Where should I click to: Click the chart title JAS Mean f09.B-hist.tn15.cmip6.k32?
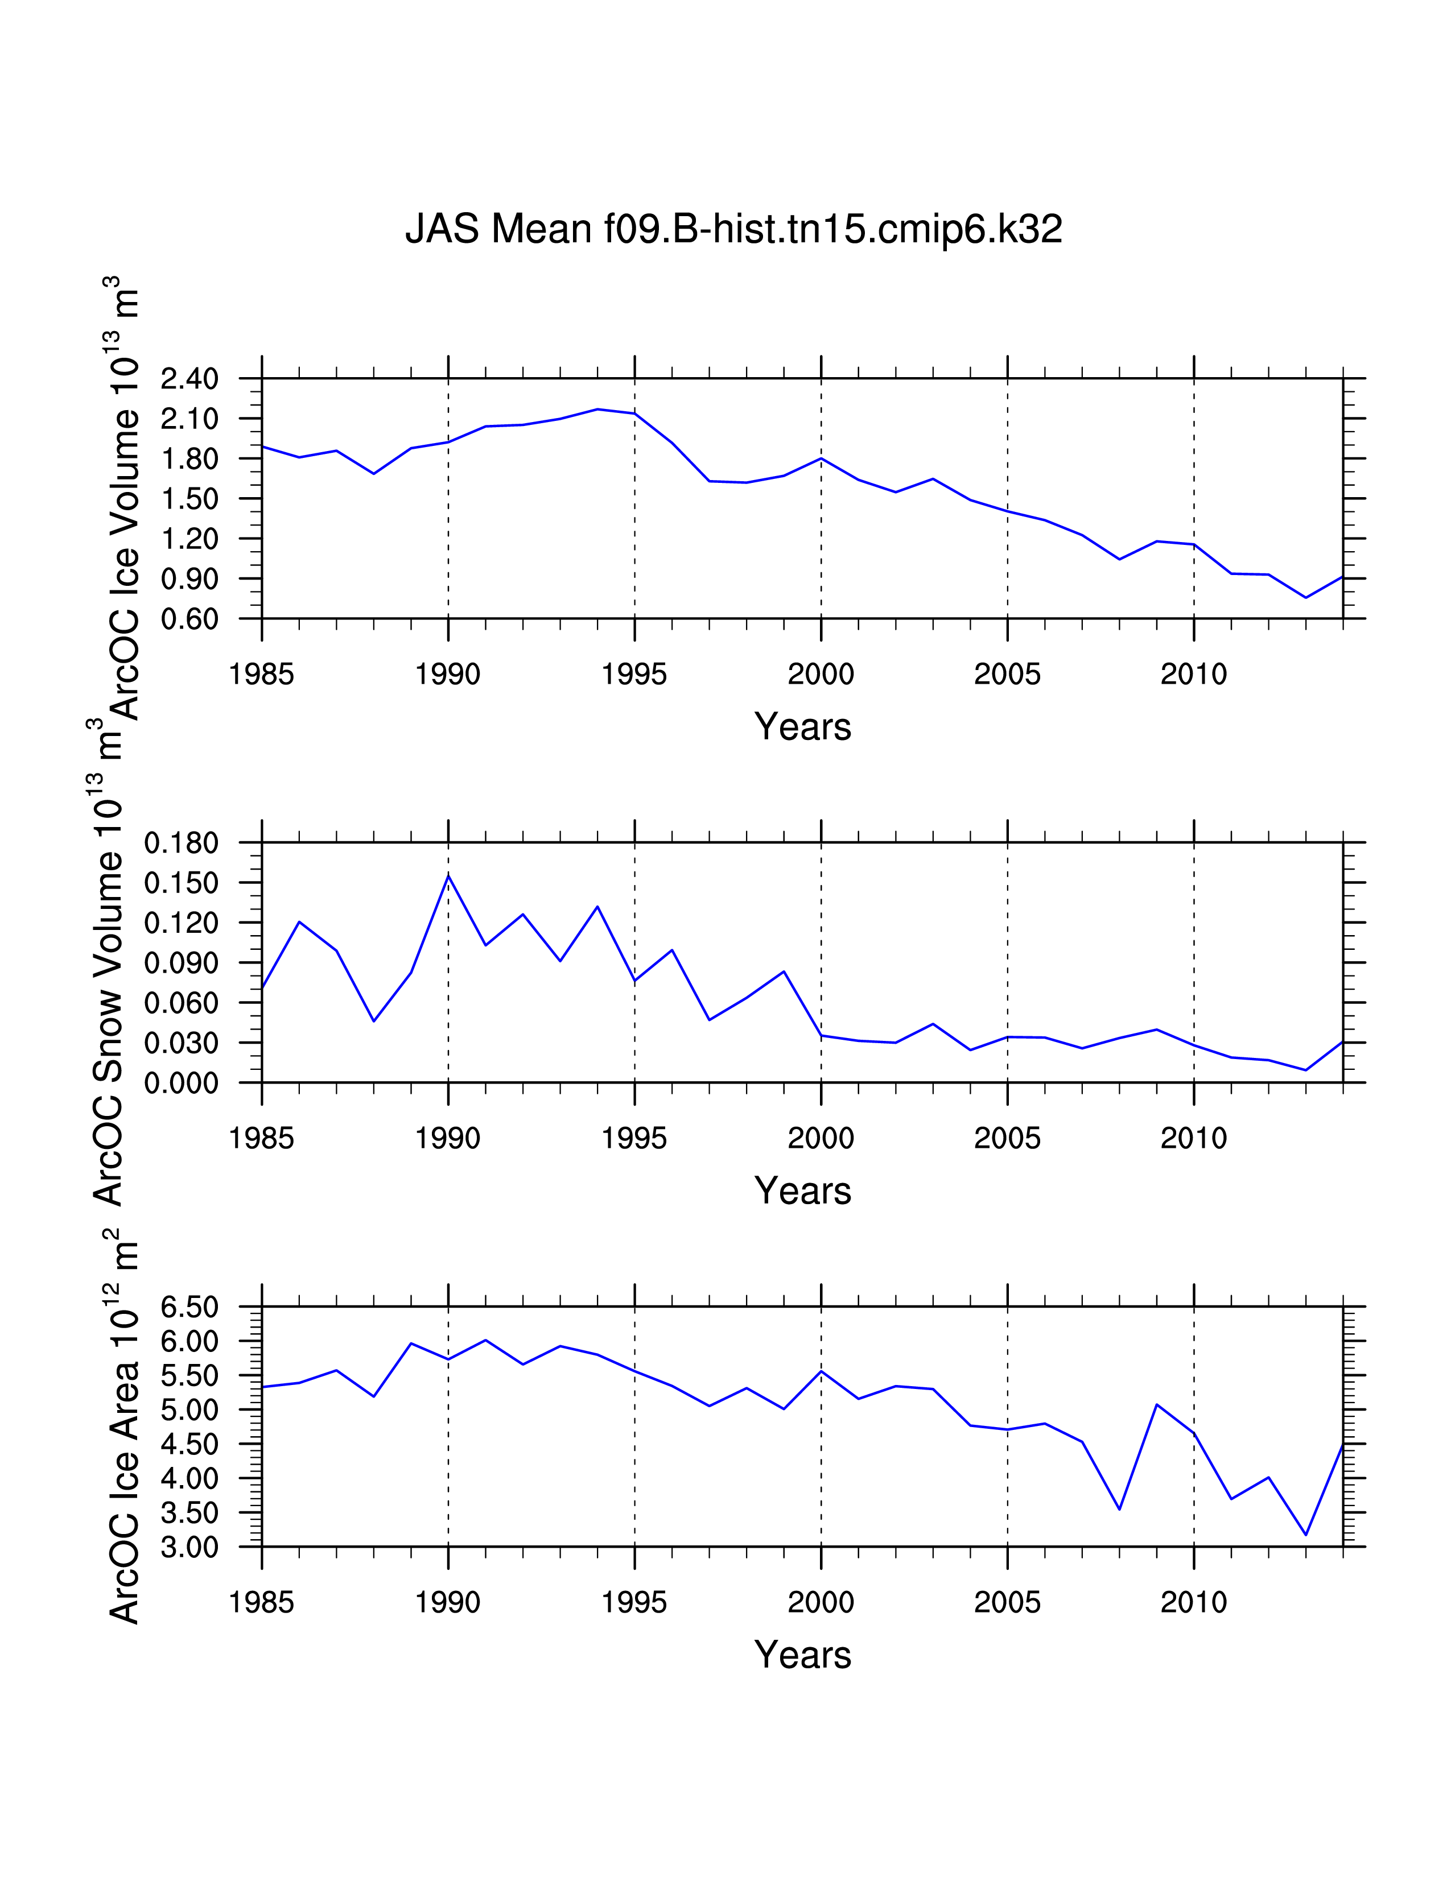pyautogui.click(x=733, y=229)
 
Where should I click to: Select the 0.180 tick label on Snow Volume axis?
pyautogui.click(x=182, y=843)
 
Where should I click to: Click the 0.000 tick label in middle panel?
pyautogui.click(x=182, y=1084)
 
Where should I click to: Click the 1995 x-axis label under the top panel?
pyautogui.click(x=634, y=675)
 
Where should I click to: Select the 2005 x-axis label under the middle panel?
pyautogui.click(x=1007, y=1139)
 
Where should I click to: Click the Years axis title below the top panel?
pyautogui.click(x=802, y=727)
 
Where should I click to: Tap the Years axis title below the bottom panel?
pyautogui.click(x=802, y=1655)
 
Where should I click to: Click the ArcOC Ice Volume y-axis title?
pyautogui.click(x=123, y=498)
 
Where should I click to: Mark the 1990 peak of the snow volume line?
pyautogui.click(x=448, y=876)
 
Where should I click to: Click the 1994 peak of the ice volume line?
pyautogui.click(x=597, y=409)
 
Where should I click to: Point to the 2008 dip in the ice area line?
pyautogui.click(x=1119, y=1509)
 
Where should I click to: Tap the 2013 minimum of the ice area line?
pyautogui.click(x=1306, y=1534)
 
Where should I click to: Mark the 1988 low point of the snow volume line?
pyautogui.click(x=374, y=1021)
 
